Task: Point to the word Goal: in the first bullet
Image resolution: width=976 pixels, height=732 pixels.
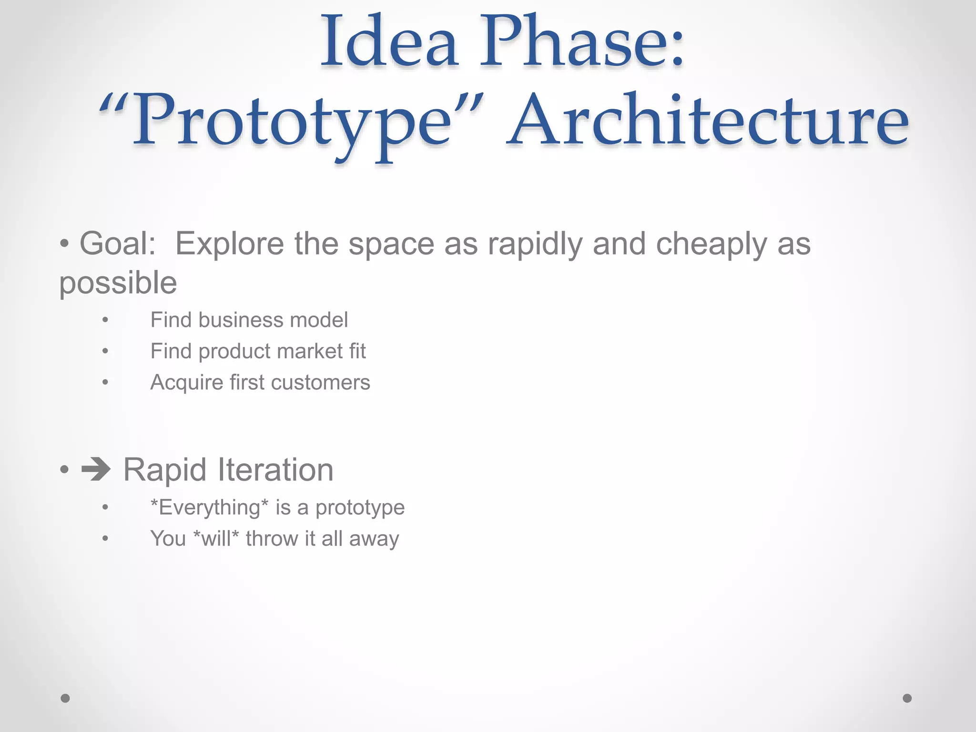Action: (x=118, y=244)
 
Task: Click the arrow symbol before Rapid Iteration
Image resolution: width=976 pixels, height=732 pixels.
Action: (x=96, y=470)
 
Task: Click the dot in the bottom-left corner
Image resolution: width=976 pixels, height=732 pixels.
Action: (x=65, y=698)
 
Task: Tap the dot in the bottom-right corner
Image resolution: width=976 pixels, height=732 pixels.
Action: (x=907, y=698)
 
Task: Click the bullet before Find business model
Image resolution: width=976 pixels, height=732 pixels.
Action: (x=105, y=320)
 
